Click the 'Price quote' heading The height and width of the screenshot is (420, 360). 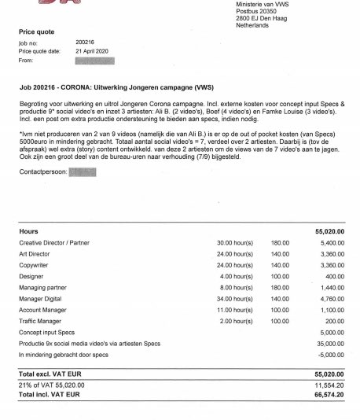click(37, 31)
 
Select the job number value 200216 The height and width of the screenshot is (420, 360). click(86, 43)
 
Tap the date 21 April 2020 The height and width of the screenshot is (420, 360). click(92, 51)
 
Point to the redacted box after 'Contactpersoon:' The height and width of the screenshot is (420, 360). click(83, 171)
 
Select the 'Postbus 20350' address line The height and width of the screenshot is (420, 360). click(257, 12)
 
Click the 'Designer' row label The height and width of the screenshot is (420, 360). click(32, 277)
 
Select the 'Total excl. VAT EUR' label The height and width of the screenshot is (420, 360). click(50, 372)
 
